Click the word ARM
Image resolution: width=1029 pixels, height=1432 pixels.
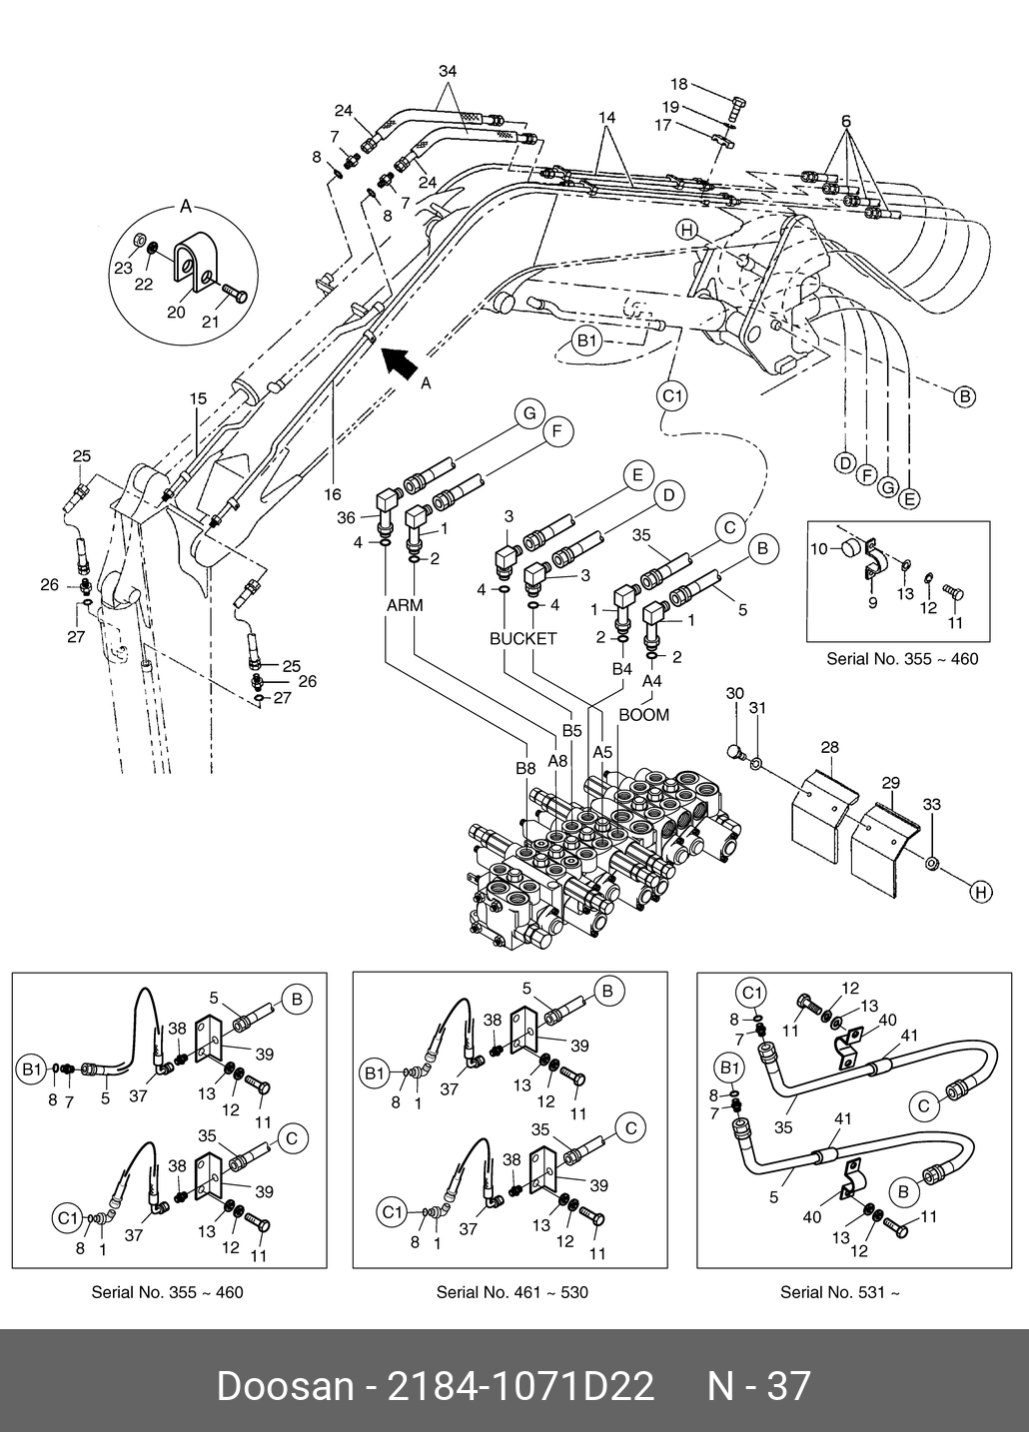point(405,605)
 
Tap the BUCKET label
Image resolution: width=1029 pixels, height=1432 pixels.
point(522,638)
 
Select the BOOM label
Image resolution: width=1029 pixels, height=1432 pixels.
point(643,715)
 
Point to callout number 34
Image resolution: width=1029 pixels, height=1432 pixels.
point(448,71)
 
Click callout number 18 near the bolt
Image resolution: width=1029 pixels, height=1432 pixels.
point(679,85)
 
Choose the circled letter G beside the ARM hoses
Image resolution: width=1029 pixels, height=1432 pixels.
point(527,412)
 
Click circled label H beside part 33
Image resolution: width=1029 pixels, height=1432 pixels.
point(981,892)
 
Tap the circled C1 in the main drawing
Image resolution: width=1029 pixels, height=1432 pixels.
point(673,396)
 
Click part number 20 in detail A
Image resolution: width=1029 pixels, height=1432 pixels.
point(176,312)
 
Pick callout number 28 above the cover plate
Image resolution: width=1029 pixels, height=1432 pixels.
point(830,747)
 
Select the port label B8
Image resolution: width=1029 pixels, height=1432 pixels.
point(526,768)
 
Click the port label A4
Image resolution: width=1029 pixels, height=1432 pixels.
point(651,680)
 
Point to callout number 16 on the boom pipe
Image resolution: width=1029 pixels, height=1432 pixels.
point(333,493)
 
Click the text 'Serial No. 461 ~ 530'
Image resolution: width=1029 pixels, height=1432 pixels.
point(512,1292)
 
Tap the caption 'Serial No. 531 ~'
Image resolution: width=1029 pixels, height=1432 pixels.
point(839,1292)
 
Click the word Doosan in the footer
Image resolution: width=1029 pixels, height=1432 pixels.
point(285,1387)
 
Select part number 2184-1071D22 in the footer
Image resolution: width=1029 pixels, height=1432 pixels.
point(519,1387)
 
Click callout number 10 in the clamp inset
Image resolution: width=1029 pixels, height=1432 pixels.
point(819,548)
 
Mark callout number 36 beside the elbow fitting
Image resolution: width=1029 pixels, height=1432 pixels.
point(347,517)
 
